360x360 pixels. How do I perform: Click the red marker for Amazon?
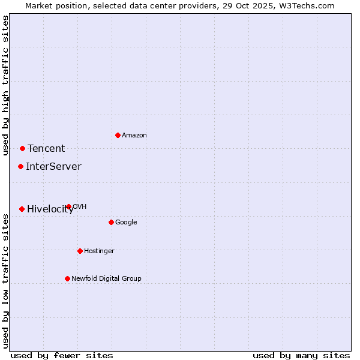(118, 135)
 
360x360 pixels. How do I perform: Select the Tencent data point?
(22, 148)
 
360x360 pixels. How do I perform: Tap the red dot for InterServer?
(20, 166)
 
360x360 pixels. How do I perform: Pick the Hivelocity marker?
(22, 209)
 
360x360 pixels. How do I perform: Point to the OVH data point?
(68, 206)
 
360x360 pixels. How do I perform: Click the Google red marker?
(111, 222)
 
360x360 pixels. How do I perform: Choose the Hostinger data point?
(80, 251)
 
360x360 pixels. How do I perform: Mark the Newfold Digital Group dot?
(67, 278)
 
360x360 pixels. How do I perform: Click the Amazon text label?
(134, 136)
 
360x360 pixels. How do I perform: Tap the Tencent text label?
(46, 149)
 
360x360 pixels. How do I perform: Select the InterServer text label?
(53, 167)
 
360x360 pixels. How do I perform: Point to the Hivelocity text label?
(50, 209)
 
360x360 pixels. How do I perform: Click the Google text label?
(126, 223)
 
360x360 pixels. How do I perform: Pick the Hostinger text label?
(99, 251)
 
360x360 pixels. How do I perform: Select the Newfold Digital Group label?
(106, 279)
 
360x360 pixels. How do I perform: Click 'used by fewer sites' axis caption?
(62, 356)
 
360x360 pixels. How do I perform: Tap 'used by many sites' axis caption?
(301, 356)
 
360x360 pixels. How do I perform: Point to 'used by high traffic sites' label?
(5, 85)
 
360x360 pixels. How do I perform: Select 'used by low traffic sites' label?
(5, 281)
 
